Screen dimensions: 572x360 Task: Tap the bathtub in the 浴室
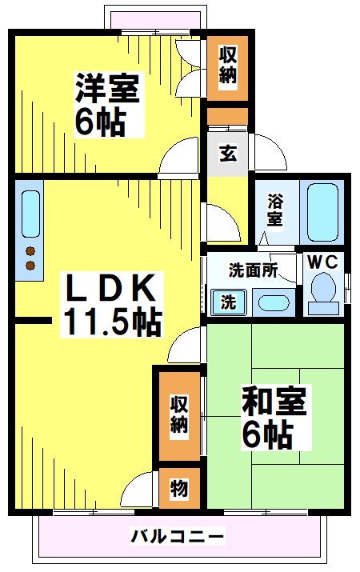323,212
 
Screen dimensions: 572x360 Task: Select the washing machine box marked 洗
228,302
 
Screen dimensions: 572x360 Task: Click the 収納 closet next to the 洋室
228,66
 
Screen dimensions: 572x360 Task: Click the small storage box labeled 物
178,489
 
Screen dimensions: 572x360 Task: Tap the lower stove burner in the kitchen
30,265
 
